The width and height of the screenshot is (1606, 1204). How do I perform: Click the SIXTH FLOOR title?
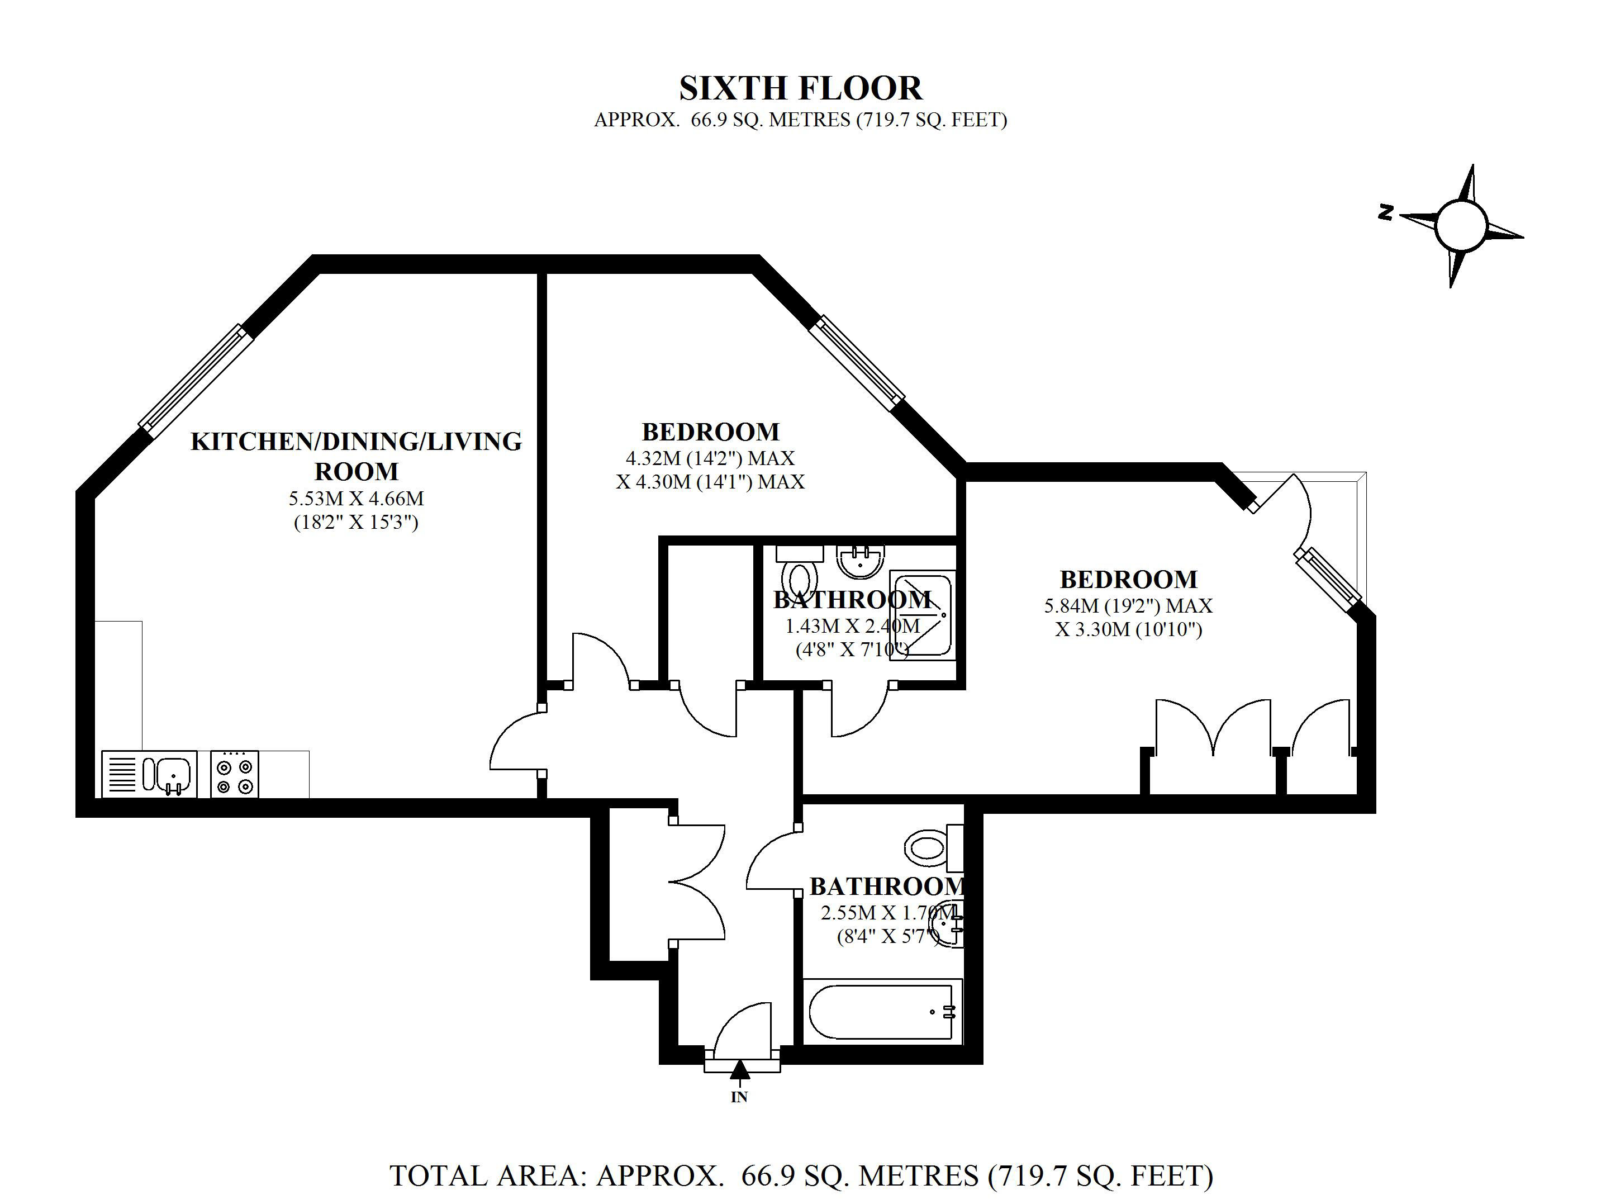[x=800, y=88]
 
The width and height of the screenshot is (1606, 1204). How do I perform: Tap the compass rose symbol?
[x=1461, y=225]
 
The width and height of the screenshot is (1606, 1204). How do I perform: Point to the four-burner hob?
[x=235, y=775]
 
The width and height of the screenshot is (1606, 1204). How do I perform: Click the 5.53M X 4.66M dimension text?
[x=356, y=499]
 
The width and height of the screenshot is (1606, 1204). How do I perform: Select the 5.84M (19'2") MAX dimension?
[x=1128, y=605]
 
